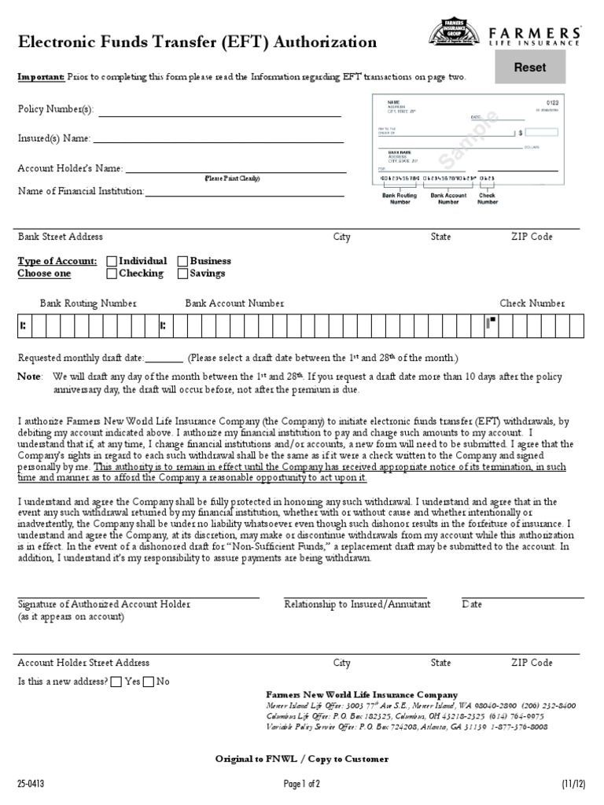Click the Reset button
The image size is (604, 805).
529,68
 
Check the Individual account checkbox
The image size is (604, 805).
112,261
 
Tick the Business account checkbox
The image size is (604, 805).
182,261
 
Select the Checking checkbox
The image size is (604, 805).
112,274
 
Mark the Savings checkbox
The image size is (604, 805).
182,274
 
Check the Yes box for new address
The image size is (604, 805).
116,682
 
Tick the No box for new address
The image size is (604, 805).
149,682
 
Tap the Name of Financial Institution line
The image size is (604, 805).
244,193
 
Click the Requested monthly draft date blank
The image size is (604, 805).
164,359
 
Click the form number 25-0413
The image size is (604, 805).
31,784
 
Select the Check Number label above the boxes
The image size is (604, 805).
532,303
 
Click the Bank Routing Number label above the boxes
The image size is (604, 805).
88,303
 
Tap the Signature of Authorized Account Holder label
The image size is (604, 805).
104,605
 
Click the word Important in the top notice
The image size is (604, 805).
42,77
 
